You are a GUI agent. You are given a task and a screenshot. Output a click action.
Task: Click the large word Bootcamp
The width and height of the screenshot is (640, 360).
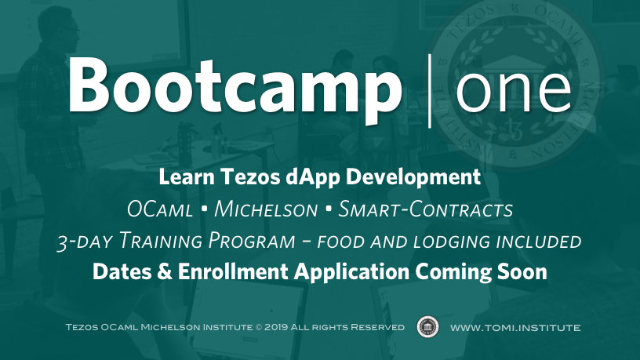(235, 89)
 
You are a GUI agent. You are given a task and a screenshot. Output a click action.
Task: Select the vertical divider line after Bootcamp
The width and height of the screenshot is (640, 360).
(430, 91)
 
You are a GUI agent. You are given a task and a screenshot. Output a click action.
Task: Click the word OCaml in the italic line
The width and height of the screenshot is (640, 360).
(159, 209)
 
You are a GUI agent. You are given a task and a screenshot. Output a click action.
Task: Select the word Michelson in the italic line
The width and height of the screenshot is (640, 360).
(266, 209)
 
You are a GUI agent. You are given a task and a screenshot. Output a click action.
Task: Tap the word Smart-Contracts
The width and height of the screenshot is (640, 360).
(425, 209)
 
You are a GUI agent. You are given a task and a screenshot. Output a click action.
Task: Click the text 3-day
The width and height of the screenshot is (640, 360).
(84, 241)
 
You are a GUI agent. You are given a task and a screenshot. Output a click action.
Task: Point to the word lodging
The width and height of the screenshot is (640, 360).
(452, 242)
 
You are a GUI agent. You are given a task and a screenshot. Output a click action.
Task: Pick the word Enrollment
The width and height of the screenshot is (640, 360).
(233, 271)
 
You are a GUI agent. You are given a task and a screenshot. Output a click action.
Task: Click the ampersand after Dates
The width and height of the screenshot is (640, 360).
(165, 272)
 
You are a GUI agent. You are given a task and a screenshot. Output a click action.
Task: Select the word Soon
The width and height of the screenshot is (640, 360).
(522, 272)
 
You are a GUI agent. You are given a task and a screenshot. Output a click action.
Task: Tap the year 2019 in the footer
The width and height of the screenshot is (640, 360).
(276, 327)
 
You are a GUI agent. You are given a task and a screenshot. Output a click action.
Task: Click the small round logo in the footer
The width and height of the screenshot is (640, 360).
(427, 327)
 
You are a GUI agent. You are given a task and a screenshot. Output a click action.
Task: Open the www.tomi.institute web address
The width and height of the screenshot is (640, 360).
(515, 327)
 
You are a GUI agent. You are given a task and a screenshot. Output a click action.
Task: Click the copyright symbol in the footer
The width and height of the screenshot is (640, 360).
(258, 327)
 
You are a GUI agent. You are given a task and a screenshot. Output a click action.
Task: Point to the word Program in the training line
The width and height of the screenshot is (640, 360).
(252, 241)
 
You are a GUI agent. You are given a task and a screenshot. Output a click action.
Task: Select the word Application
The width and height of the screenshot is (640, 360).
(352, 272)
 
